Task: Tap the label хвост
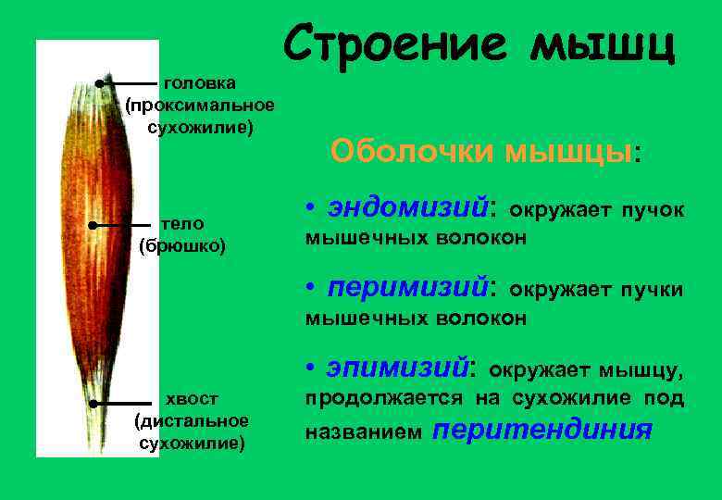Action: tap(192, 399)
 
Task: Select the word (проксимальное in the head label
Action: tap(200, 105)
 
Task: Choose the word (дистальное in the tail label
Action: tap(192, 421)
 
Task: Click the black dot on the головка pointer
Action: tap(98, 83)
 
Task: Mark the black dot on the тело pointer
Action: tap(93, 225)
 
